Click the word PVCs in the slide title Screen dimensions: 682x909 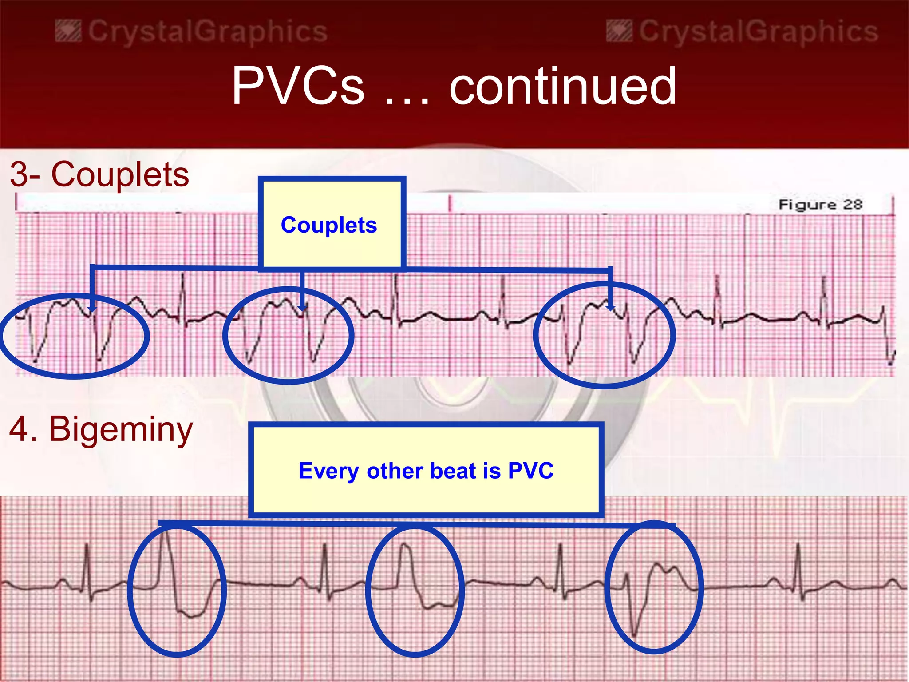pyautogui.click(x=298, y=86)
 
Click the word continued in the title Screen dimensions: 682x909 pyautogui.click(x=563, y=86)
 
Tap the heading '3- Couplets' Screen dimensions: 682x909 pyautogui.click(x=99, y=174)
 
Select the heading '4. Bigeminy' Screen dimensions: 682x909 pyautogui.click(x=101, y=429)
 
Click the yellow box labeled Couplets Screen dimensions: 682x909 pyautogui.click(x=331, y=224)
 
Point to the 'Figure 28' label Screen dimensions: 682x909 pyautogui.click(x=820, y=205)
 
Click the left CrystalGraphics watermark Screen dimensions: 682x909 pyautogui.click(x=192, y=32)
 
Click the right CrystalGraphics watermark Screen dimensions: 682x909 pyautogui.click(x=743, y=32)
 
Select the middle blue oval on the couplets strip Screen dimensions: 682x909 pyautogui.click(x=289, y=335)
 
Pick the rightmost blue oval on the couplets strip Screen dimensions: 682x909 pyautogui.click(x=605, y=335)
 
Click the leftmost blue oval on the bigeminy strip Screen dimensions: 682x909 pyautogui.click(x=177, y=591)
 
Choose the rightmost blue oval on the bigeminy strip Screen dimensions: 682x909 pyautogui.click(x=654, y=587)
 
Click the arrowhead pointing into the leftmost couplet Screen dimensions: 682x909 pyautogui.click(x=92, y=309)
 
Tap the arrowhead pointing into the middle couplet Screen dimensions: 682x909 pyautogui.click(x=302, y=307)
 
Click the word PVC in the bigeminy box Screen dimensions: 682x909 pyautogui.click(x=530, y=471)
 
